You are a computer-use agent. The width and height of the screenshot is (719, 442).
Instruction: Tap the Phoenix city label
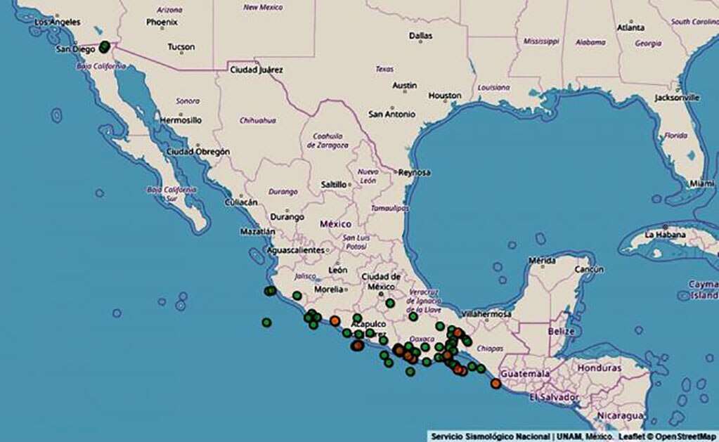(x=162, y=22)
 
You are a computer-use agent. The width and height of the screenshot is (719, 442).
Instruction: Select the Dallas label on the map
(x=421, y=35)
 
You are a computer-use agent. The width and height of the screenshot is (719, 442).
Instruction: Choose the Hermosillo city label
(x=181, y=120)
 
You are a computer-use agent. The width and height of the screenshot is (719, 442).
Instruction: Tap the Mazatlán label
(x=257, y=230)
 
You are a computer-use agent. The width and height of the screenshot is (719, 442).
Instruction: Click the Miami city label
(x=701, y=183)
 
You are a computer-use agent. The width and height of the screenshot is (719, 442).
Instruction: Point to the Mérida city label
(x=542, y=260)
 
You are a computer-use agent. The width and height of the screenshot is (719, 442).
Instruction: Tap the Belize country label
(x=562, y=330)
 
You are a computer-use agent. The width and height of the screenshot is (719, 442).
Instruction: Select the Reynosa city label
(x=414, y=172)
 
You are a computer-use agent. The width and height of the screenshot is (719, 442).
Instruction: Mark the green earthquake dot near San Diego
(x=105, y=47)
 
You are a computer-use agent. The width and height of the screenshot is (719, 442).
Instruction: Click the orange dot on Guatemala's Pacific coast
(x=495, y=383)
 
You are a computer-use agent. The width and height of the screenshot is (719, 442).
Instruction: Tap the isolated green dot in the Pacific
(x=266, y=323)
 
